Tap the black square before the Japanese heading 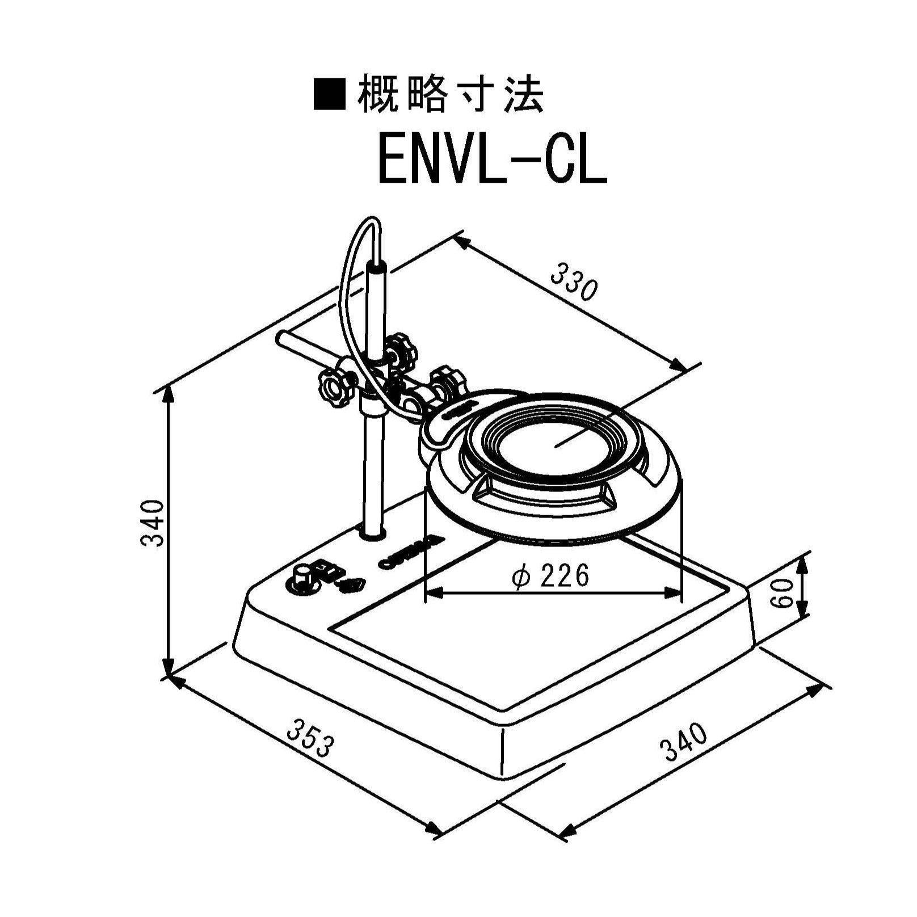tap(330, 95)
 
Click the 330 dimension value tap(574, 281)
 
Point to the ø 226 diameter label tap(550, 577)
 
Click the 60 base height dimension tap(783, 594)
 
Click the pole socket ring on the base tap(373, 533)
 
